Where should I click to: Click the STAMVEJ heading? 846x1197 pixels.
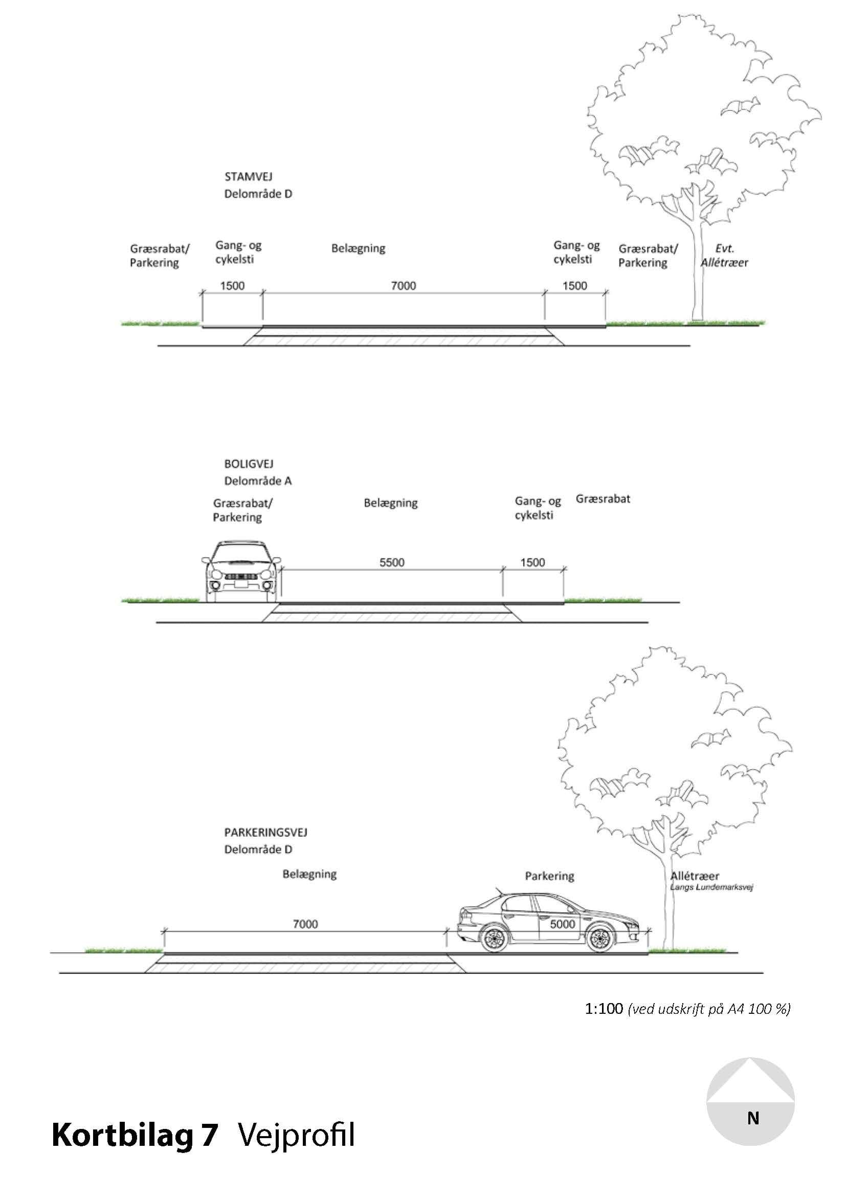[x=248, y=177]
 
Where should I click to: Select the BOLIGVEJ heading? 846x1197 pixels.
[x=249, y=464]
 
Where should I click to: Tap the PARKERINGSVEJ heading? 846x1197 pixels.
[x=265, y=833]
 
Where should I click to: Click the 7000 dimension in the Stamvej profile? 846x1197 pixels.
[x=403, y=286]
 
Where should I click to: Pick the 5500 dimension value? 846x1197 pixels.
[x=392, y=562]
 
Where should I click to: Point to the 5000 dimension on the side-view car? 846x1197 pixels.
[x=563, y=924]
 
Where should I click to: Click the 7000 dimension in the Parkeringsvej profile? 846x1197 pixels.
[x=305, y=924]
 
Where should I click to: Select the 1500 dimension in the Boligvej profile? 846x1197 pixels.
[x=532, y=562]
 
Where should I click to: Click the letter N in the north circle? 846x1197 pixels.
[x=753, y=1118]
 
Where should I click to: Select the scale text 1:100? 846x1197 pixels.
[x=604, y=1009]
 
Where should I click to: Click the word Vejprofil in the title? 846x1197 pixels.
[x=296, y=1136]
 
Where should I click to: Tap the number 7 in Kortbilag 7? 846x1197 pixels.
[x=208, y=1136]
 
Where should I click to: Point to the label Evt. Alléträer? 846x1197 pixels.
[x=724, y=255]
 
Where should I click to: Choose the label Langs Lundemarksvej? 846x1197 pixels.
[x=711, y=887]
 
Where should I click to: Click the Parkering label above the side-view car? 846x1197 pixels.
[x=549, y=876]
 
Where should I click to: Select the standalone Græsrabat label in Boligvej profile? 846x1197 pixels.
[x=603, y=499]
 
